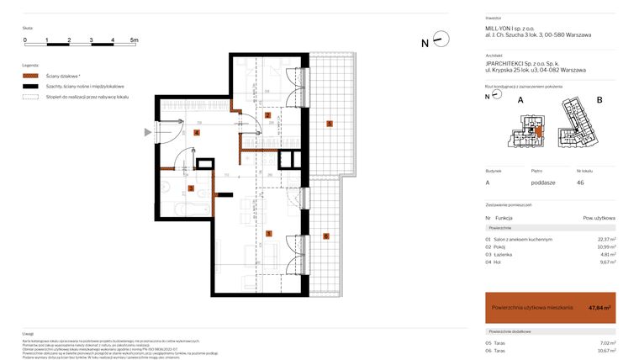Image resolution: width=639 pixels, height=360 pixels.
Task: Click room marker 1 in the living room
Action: coord(268,233)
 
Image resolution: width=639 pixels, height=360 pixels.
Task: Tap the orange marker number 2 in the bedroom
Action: coord(268,115)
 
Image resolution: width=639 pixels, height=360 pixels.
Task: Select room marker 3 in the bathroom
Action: coord(192,188)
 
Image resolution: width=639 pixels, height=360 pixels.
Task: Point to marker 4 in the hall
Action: coord(197,132)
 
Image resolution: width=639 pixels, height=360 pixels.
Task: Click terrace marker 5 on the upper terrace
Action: coord(330,124)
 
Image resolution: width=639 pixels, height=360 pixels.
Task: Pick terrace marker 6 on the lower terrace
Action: coord(326,236)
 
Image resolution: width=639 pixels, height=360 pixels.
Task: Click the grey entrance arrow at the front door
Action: coord(148,132)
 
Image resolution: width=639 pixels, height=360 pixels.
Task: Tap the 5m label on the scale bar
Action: coord(134,40)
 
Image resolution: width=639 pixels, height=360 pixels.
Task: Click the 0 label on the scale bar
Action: coord(25,40)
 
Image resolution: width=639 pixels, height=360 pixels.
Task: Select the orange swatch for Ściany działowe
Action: coord(31,76)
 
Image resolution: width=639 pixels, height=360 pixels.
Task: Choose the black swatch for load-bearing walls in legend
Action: coord(31,87)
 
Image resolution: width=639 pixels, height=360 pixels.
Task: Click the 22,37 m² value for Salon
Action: coord(605,239)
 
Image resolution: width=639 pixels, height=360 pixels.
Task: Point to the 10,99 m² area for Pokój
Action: coord(605,246)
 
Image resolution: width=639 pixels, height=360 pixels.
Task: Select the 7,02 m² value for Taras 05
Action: coord(605,342)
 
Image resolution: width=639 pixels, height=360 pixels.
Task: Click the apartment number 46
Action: coord(580,182)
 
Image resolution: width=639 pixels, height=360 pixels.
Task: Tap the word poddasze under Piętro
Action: coord(542,182)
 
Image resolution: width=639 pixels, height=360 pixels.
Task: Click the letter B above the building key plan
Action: coord(599,100)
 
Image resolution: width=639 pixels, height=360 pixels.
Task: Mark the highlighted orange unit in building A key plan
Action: coord(538,130)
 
